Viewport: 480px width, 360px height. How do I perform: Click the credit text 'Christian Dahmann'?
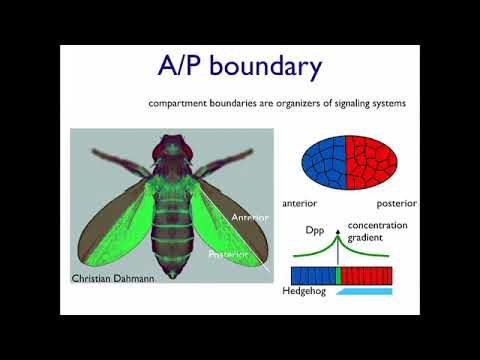click(111, 279)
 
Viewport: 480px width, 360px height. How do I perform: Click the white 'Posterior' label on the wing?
click(227, 254)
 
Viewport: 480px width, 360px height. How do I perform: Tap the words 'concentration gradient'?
click(376, 232)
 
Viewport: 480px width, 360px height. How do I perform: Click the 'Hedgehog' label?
click(314, 292)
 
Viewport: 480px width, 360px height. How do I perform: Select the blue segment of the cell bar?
click(313, 276)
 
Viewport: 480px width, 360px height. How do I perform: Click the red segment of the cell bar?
click(367, 276)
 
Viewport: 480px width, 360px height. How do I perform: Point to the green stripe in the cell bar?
click(339, 276)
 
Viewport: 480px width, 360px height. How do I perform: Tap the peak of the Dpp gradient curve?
click(339, 235)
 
